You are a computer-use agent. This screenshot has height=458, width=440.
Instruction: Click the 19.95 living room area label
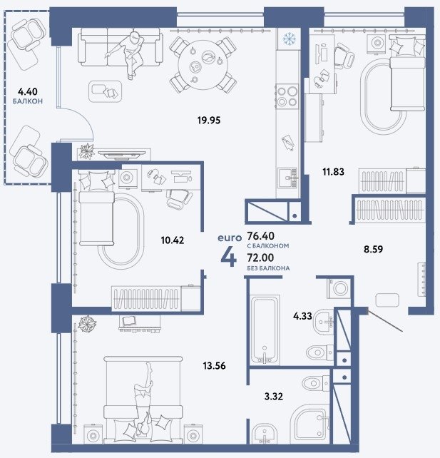209,120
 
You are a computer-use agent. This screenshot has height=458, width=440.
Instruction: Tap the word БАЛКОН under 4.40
28,101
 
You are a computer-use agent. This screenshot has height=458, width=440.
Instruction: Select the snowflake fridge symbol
290,39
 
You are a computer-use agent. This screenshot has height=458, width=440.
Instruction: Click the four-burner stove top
287,97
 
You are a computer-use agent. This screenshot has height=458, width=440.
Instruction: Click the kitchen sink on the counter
287,178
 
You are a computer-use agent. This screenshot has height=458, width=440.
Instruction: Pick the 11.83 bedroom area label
333,172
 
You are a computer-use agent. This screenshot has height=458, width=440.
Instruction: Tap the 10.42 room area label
173,240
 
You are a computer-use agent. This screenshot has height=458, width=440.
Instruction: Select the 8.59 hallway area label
373,249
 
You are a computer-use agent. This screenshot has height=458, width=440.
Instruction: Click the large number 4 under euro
229,258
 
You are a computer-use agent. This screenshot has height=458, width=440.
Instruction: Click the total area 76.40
260,235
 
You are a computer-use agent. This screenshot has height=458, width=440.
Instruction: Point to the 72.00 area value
260,258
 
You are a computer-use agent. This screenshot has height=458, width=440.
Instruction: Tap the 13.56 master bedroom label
215,366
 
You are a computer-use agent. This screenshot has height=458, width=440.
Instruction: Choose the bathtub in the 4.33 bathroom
265,330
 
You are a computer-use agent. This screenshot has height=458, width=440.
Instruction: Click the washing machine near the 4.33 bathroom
339,288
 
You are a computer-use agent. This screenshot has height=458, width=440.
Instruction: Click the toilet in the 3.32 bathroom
316,383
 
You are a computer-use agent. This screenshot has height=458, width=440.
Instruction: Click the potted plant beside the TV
87,151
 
